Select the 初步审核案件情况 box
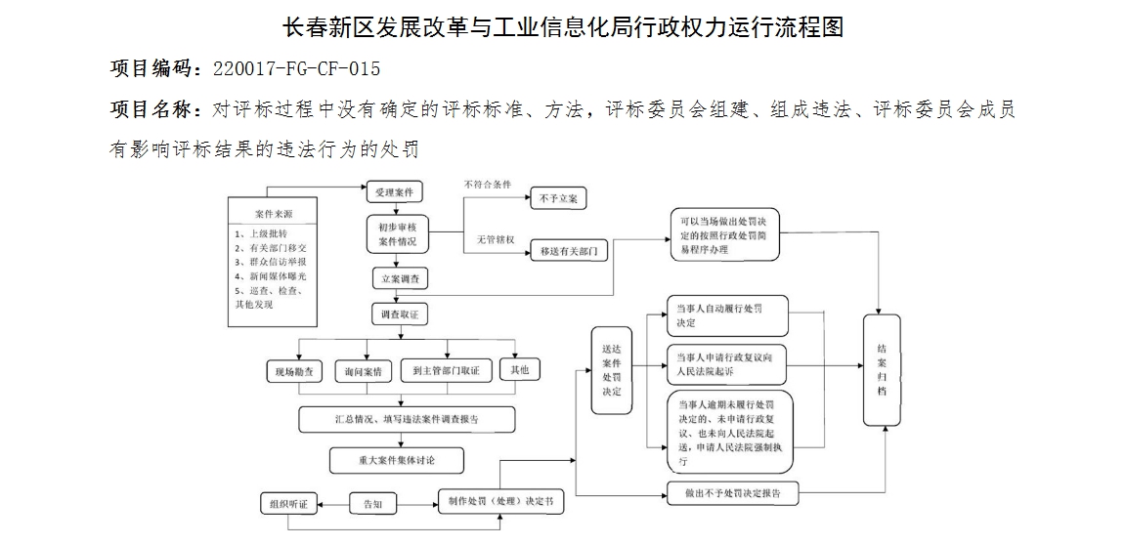(397, 234)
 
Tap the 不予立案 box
(558, 198)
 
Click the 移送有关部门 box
(568, 251)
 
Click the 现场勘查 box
(294, 371)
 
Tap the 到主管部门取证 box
(446, 371)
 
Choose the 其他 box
(519, 370)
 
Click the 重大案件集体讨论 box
(396, 459)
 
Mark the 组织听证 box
(288, 504)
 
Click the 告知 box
(372, 504)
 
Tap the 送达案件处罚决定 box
(612, 371)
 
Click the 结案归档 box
(882, 369)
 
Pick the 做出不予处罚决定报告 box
(732, 493)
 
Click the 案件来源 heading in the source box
(274, 213)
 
